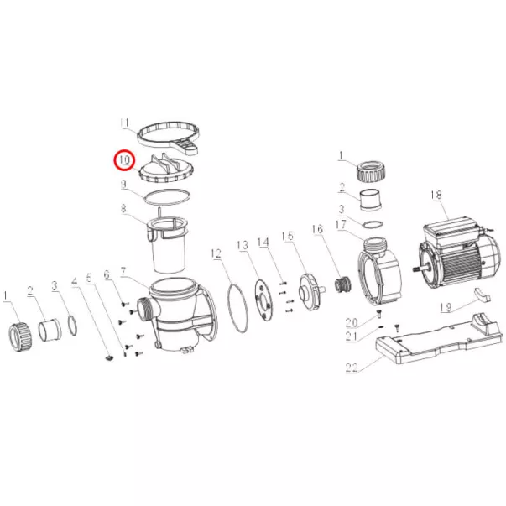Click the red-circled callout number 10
[x=124, y=160]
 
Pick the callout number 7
[x=123, y=272]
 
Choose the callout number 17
[x=341, y=225]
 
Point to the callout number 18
[x=436, y=195]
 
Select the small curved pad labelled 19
[x=483, y=295]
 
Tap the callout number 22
[x=352, y=368]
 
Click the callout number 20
[x=352, y=322]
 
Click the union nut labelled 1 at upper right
[x=372, y=170]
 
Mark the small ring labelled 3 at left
[x=73, y=326]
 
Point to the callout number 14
[x=263, y=242]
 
